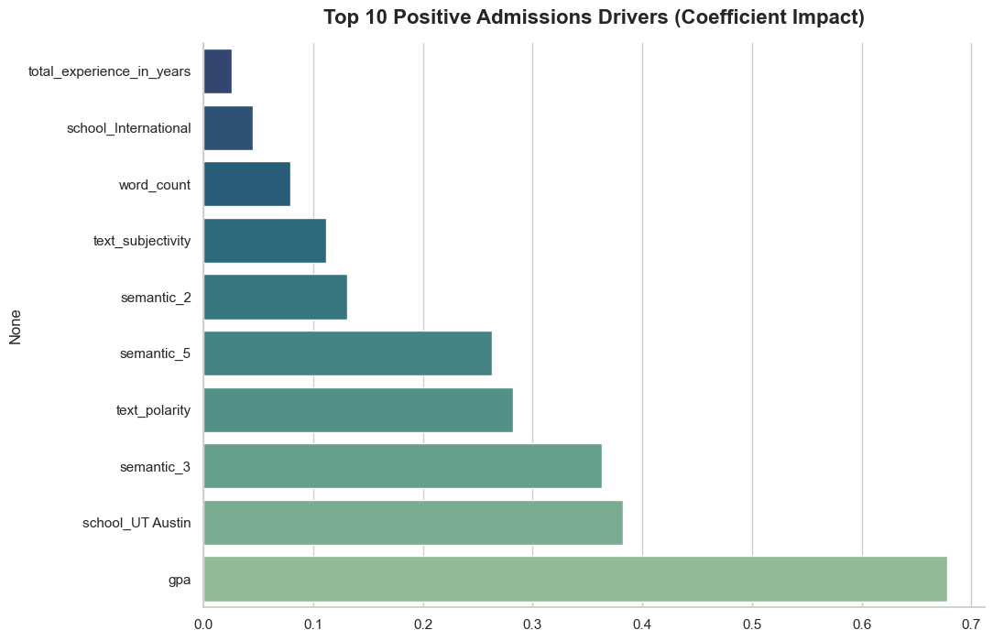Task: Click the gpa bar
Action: (575, 579)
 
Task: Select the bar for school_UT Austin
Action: (413, 523)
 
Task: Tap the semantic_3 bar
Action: (403, 466)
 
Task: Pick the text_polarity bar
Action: (358, 410)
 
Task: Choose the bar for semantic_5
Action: (348, 353)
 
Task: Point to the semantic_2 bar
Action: (276, 298)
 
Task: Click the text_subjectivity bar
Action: (265, 241)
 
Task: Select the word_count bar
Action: (247, 185)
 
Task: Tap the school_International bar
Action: (228, 128)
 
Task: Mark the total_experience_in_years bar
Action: (218, 71)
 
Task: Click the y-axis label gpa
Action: (180, 580)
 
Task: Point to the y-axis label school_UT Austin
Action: (136, 523)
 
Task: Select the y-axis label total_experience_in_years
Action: (110, 72)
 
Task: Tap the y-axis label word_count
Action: (155, 185)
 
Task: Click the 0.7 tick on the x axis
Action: (971, 625)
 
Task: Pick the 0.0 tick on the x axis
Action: (203, 625)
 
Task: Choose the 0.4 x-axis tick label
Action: (642, 625)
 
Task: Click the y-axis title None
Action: (16, 326)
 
